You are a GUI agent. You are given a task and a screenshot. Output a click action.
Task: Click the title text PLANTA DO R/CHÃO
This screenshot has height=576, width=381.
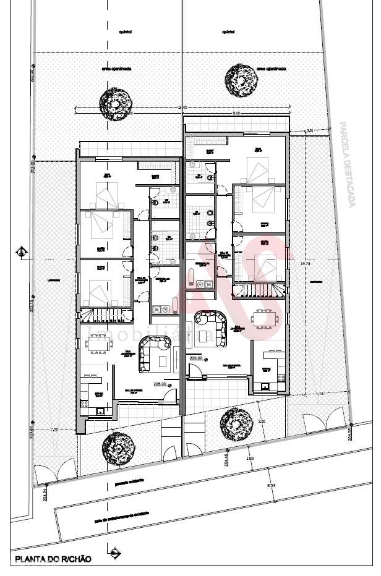tap(53, 559)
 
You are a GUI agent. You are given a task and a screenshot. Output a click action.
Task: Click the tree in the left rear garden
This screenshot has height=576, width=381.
tap(117, 103)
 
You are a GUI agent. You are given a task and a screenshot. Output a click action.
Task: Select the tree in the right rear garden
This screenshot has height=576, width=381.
tap(241, 78)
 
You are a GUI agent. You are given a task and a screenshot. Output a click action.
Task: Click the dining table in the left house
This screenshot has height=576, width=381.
tap(99, 341)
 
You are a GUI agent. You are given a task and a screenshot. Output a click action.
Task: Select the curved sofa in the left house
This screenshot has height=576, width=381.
tap(154, 353)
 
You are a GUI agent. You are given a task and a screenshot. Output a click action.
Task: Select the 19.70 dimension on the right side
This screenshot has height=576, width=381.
tap(304, 265)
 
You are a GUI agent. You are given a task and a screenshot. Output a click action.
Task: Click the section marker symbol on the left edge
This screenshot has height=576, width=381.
tap(22, 251)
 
